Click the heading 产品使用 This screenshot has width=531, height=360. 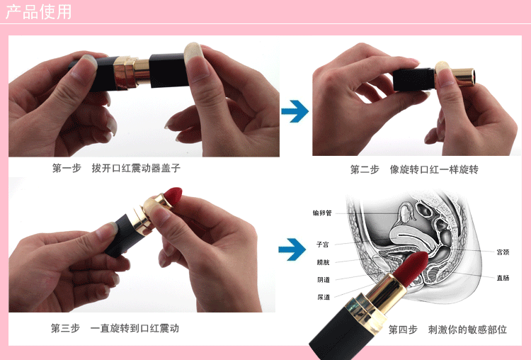pos(39,11)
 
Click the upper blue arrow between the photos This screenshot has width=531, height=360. pos(295,111)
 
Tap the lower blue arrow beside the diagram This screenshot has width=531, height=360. pos(292,249)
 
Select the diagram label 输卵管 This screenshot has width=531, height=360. pos(322,213)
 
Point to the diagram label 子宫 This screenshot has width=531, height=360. pos(322,244)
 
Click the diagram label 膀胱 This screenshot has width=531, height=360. pos(323,262)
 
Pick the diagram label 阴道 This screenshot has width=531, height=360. pos(324,280)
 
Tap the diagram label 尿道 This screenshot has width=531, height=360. pos(324,297)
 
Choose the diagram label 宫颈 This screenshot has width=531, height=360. pos(503,252)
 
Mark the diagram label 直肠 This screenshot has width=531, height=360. pos(503,278)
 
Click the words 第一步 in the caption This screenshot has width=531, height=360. pos(67,168)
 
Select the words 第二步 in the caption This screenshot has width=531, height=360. pos(365,169)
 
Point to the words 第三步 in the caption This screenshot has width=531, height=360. pos(65,328)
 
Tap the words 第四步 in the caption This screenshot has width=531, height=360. pos(403,330)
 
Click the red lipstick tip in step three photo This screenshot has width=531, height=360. pos(173,196)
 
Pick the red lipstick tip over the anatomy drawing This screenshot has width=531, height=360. pos(413,268)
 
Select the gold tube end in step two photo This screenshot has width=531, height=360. pos(464,77)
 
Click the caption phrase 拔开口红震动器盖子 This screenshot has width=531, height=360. pos(136,168)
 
